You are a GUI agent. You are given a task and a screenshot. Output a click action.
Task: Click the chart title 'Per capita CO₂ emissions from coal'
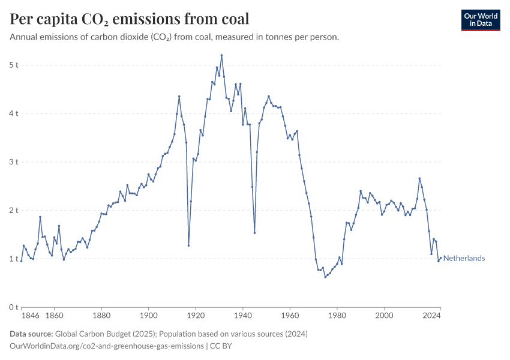[130, 19]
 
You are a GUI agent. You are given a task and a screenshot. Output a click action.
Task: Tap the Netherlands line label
[464, 259]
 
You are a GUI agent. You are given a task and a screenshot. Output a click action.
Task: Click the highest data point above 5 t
[221, 55]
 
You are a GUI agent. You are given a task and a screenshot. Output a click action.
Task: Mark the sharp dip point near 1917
[188, 245]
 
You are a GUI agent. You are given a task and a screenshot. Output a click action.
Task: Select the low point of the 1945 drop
[254, 233]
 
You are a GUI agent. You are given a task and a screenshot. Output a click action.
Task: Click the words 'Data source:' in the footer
[31, 334]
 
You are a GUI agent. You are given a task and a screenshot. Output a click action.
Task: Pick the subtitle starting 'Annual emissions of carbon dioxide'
[175, 37]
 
